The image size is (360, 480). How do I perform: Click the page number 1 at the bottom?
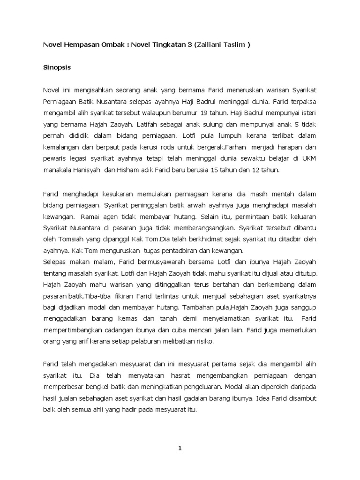pyautogui.click(x=180, y=448)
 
